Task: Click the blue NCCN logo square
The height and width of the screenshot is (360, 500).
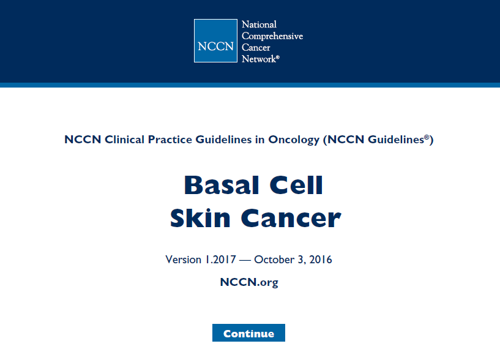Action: tap(215, 40)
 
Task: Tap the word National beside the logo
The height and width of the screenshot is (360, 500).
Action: tap(259, 24)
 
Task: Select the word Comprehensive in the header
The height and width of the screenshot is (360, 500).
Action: tap(272, 36)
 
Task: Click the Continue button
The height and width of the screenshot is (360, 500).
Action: tap(248, 333)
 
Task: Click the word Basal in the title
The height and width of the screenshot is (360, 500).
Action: tap(222, 185)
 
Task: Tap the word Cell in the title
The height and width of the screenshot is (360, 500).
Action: tap(297, 185)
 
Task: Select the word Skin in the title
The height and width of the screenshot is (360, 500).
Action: tap(200, 219)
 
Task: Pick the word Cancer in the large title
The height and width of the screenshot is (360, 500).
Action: tap(291, 219)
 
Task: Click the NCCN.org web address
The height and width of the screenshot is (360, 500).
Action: tap(249, 282)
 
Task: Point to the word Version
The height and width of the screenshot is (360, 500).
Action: tap(184, 260)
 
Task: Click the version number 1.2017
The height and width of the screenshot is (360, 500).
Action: tap(221, 260)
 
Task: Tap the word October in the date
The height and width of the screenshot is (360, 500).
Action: tap(274, 260)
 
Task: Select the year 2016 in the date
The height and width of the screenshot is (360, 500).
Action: tap(321, 260)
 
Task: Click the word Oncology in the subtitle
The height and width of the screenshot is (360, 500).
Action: tap(294, 140)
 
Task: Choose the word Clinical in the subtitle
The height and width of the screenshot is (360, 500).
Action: tap(125, 140)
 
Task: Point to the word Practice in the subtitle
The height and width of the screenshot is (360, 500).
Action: tap(170, 140)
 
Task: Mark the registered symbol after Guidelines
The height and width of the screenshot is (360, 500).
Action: tap(427, 137)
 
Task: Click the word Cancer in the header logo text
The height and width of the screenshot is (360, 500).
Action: tap(256, 48)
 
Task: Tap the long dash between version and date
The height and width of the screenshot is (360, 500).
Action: tap(245, 260)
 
